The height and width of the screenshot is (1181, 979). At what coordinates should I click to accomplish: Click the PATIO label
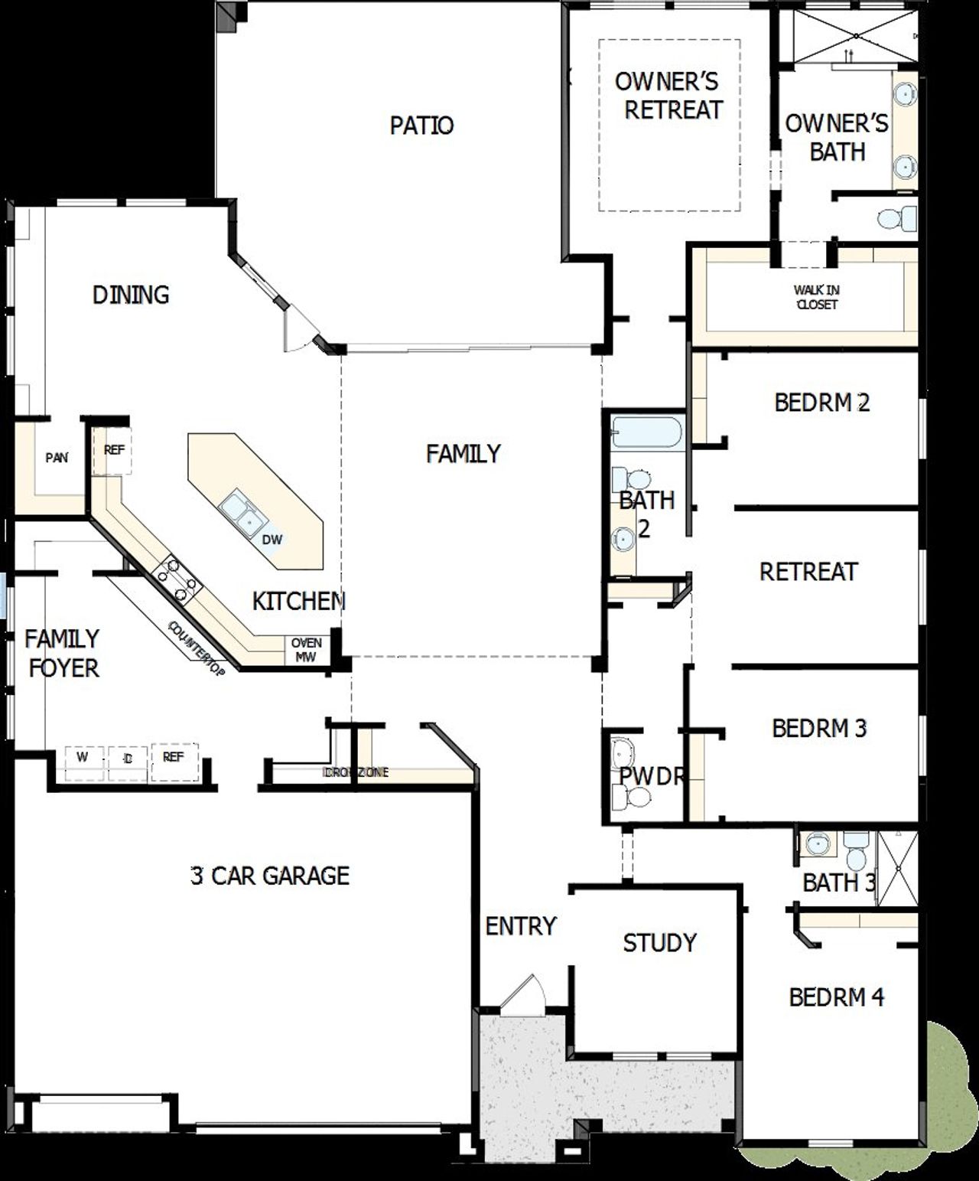click(421, 125)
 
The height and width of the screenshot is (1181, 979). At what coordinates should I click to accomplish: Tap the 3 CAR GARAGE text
click(270, 875)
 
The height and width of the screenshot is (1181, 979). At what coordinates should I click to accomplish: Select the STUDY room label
click(659, 942)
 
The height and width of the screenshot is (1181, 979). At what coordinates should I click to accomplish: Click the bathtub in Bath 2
click(646, 433)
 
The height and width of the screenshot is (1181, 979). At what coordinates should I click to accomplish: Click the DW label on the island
click(272, 539)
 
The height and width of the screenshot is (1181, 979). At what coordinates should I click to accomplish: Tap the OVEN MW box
click(306, 650)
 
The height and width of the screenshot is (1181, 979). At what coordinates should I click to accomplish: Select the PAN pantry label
click(57, 458)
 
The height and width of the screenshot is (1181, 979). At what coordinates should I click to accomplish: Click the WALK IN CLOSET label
click(816, 297)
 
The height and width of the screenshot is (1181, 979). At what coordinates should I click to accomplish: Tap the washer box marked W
click(83, 758)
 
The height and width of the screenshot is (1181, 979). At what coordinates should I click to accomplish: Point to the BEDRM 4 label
click(836, 997)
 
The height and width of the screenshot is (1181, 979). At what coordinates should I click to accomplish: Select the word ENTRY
click(521, 926)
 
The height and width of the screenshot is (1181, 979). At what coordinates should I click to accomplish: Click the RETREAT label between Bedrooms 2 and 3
click(808, 571)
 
